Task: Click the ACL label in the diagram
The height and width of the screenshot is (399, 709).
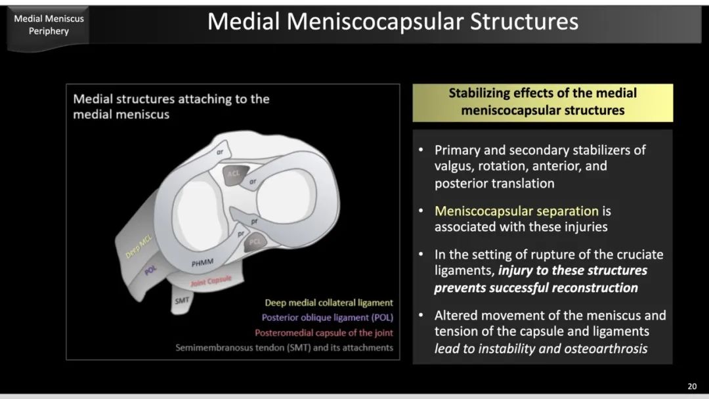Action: click(x=234, y=173)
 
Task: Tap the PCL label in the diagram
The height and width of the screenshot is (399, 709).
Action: click(x=255, y=241)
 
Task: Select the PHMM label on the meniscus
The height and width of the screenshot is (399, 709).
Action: click(x=202, y=262)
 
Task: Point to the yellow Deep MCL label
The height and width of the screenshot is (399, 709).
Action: click(x=139, y=247)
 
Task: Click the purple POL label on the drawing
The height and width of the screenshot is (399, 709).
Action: click(x=150, y=270)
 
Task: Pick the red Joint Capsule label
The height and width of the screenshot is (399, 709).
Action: click(x=211, y=281)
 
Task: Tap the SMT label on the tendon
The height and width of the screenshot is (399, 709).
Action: click(x=183, y=300)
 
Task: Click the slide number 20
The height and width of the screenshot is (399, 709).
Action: click(x=692, y=387)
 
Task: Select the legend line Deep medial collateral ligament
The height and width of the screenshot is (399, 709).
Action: click(x=329, y=303)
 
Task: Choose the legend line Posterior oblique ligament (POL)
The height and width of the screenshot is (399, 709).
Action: click(x=328, y=318)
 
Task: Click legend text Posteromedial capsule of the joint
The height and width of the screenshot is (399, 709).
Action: click(x=324, y=333)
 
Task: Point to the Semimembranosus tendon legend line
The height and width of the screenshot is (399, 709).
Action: click(x=284, y=348)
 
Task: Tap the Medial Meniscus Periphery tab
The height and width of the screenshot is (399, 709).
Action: click(x=49, y=25)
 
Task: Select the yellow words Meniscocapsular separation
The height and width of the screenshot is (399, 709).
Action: click(x=517, y=211)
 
